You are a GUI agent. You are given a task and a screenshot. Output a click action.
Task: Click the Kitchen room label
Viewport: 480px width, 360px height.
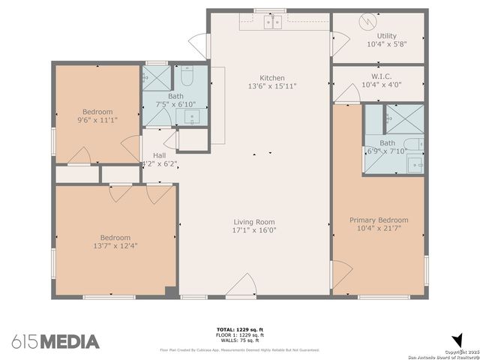tap(272, 78)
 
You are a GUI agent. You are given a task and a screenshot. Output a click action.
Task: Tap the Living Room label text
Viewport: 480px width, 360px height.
tap(254, 222)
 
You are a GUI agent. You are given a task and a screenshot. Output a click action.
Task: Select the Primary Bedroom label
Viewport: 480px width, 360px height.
tap(379, 220)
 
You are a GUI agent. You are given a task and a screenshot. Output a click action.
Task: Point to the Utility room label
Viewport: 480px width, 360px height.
tap(387, 36)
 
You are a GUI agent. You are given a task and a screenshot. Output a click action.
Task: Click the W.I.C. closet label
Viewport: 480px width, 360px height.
tap(382, 76)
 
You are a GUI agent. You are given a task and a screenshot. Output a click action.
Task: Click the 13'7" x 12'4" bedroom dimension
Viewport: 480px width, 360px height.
tap(115, 246)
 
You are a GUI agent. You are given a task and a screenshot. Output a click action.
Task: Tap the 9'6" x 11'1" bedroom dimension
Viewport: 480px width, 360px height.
tap(97, 119)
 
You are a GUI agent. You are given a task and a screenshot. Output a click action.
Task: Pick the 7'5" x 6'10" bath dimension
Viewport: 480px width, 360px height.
tap(175, 104)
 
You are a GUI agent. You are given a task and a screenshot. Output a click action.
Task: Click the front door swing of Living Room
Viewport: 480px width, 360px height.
tap(241, 286)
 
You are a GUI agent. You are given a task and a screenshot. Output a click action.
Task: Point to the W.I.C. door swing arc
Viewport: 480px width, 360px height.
tap(347, 93)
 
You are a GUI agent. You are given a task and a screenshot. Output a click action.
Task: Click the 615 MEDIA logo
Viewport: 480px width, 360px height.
tap(55, 341)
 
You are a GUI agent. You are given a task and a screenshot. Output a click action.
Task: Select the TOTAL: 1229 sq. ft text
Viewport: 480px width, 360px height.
tap(239, 329)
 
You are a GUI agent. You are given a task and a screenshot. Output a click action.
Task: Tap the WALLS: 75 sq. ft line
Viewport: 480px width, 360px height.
tap(239, 339)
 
